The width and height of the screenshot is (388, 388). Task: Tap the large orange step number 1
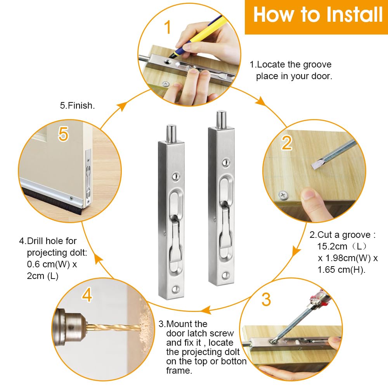(168, 27)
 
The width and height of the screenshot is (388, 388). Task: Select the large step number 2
(287, 143)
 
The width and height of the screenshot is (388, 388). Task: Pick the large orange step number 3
(266, 300)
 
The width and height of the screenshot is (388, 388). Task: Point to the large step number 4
(87, 294)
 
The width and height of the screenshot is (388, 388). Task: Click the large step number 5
(63, 134)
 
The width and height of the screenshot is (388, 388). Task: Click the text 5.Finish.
(77, 106)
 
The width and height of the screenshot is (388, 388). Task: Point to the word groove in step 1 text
(317, 64)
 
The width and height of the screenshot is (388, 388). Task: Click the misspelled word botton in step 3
(234, 361)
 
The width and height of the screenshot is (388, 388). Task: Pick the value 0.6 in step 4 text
(33, 264)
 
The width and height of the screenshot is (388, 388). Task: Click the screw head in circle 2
(283, 196)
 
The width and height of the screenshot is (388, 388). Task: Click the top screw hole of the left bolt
(175, 177)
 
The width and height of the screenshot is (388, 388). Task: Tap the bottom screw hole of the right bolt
(226, 275)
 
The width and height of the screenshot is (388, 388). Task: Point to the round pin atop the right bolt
(222, 119)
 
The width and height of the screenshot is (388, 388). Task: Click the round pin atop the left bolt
(171, 133)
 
